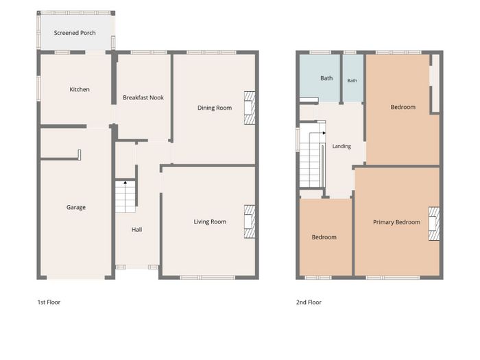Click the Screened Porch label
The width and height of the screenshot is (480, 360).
[75, 33]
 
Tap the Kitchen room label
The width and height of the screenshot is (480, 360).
[80, 89]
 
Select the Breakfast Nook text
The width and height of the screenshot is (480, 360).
[143, 97]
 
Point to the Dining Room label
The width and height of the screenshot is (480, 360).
[214, 108]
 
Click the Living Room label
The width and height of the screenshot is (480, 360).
[210, 221]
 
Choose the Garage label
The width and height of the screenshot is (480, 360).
[76, 207]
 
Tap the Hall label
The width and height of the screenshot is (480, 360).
[136, 230]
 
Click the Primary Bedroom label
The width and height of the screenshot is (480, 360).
[396, 222]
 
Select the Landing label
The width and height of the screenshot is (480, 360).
[341, 146]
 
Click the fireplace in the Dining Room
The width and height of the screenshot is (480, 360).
[250, 108]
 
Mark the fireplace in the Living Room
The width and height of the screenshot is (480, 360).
[250, 221]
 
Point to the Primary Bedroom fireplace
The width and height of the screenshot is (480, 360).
[434, 224]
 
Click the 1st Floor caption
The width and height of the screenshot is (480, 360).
[49, 302]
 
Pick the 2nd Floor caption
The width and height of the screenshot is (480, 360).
[309, 302]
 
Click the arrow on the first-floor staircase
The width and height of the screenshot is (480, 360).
[125, 183]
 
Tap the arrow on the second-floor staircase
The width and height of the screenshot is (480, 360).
[324, 133]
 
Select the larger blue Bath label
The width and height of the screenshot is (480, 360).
[326, 78]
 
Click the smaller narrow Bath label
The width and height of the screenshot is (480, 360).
[352, 80]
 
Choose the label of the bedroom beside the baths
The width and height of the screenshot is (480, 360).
[403, 107]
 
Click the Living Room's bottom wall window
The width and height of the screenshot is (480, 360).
[207, 278]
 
